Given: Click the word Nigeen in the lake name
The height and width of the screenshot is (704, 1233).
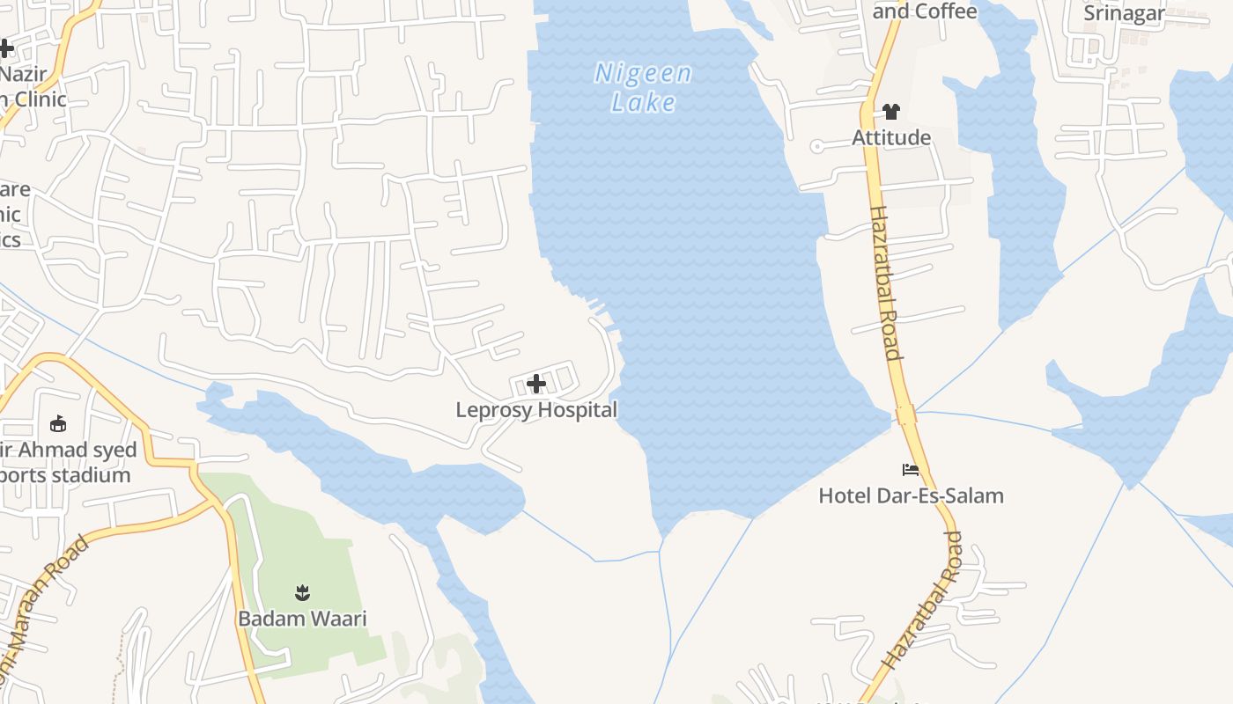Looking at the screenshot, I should [x=643, y=74].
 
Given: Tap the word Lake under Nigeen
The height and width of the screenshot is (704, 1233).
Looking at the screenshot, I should [x=643, y=102].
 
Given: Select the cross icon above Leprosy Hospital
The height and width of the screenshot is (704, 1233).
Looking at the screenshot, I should [x=535, y=384].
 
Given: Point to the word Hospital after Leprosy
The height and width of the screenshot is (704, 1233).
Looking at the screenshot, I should [x=578, y=410].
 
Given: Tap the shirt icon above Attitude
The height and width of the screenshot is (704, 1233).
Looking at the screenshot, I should [x=891, y=112].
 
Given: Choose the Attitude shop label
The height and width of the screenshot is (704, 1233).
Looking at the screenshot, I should [x=891, y=137].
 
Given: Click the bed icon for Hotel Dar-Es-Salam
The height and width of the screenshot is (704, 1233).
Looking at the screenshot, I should [x=911, y=470].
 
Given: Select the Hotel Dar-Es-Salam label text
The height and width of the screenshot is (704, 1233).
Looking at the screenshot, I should [x=911, y=495].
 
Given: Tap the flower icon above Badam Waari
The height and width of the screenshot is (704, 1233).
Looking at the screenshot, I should [x=302, y=592].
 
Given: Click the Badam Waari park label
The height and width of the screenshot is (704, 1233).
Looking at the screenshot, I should [x=302, y=619].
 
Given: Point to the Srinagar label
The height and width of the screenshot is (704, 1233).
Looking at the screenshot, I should [x=1124, y=13].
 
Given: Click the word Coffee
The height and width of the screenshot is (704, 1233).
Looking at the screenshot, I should [x=945, y=11].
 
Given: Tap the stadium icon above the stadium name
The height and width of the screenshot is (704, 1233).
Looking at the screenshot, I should [x=58, y=424].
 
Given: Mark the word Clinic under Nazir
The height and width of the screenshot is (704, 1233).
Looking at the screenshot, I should [x=35, y=99].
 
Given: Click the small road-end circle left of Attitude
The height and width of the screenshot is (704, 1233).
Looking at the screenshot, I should [x=816, y=147].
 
